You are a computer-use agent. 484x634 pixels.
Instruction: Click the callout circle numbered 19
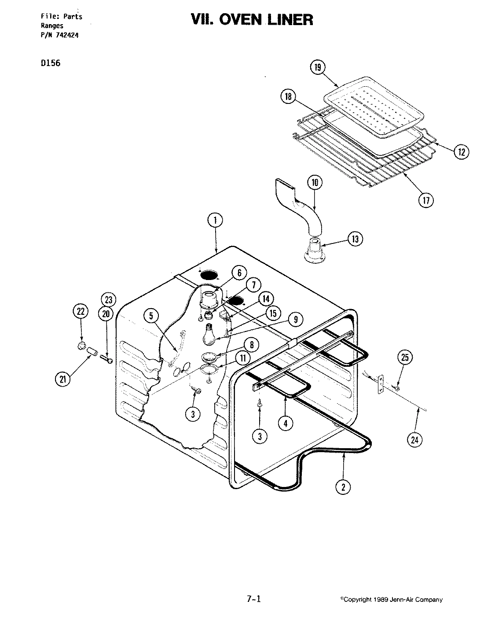coord(318,67)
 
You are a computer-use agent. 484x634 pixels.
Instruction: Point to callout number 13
coord(355,239)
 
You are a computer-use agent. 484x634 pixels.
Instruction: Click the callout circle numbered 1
coord(215,221)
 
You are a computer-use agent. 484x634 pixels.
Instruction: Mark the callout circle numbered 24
coord(415,439)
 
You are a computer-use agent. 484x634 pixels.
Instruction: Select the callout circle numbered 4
coord(286,423)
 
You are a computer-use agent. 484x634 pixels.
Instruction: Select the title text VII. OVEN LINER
coord(252,20)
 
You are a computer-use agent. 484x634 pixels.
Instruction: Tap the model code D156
coord(50,63)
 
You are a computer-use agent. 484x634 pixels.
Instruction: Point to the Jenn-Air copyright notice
coord(391,599)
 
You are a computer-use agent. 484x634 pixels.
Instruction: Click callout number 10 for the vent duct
coord(315,182)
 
